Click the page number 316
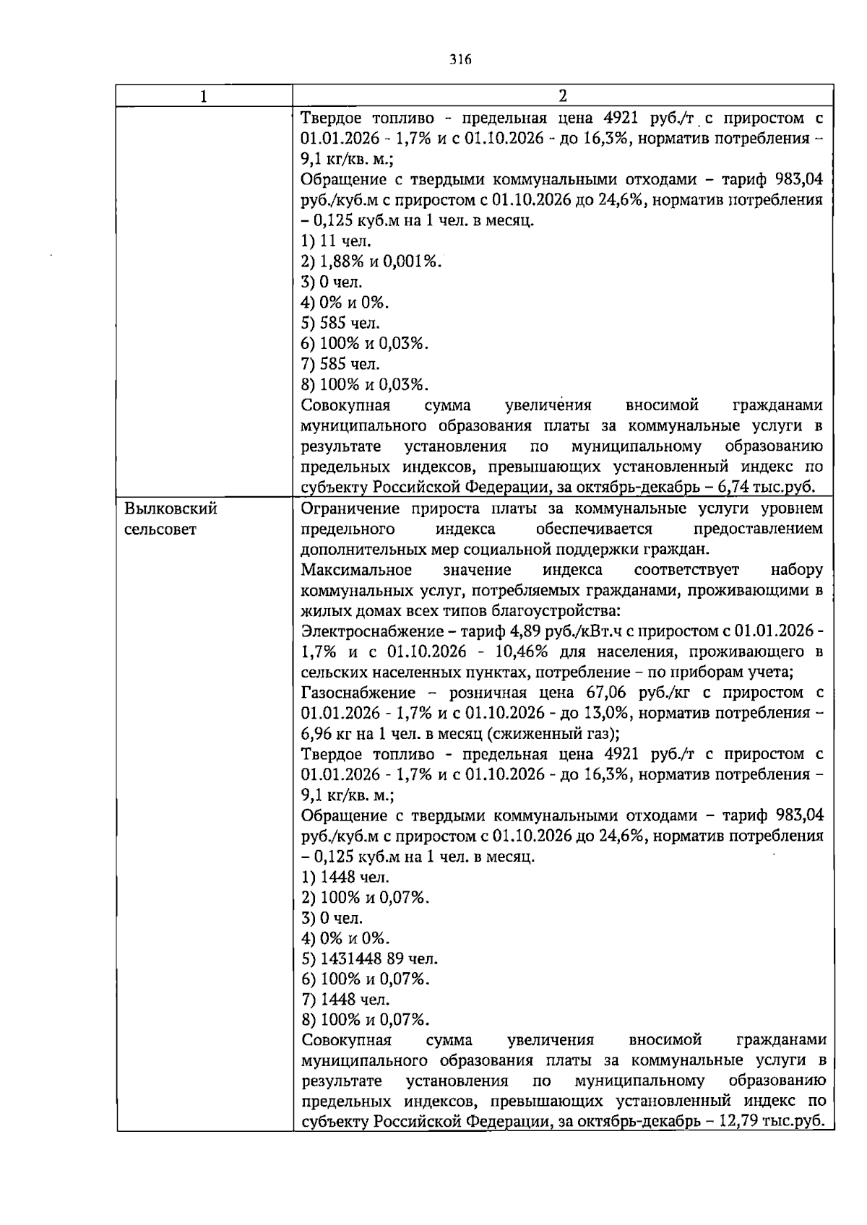point(460,60)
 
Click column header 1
point(204,97)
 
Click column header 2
point(563,97)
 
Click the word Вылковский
point(171,509)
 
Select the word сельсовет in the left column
point(160,529)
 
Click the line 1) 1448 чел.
point(345,878)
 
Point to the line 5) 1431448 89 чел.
point(369,959)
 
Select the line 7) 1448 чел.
point(345,1000)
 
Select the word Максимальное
point(356,570)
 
